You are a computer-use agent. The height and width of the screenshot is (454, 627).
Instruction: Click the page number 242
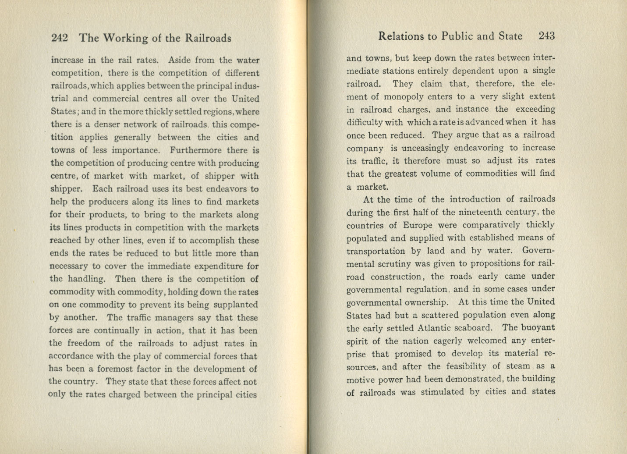[59, 38]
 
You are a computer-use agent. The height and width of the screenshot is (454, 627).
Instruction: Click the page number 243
[547, 36]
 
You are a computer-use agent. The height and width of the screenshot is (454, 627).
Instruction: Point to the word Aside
[180, 60]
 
